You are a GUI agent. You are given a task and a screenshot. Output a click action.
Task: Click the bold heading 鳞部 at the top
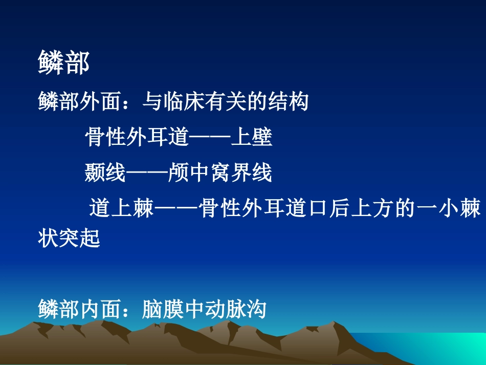click(x=64, y=63)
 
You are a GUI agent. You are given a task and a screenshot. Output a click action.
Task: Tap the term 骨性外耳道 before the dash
click(x=137, y=138)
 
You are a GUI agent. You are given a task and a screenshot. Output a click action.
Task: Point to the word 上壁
click(x=251, y=138)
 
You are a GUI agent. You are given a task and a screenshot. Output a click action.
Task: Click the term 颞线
click(x=105, y=174)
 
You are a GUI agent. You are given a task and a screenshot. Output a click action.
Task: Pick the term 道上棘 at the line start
click(x=121, y=209)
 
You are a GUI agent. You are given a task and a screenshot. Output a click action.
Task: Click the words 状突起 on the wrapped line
click(x=69, y=238)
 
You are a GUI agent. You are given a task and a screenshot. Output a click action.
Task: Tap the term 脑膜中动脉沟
click(x=204, y=309)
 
